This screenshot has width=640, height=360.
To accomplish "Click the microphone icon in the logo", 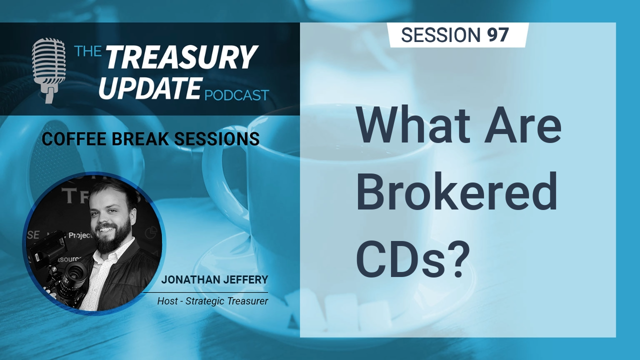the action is coord(48,70).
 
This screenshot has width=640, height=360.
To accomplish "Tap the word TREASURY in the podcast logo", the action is coord(180,57).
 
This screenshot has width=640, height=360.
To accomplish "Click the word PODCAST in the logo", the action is coord(237,95).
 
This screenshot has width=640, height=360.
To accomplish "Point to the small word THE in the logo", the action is coord(88,51).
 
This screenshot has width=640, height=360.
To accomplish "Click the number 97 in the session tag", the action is coord(498,35).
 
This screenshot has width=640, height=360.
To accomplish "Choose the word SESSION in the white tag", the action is coord(441,35).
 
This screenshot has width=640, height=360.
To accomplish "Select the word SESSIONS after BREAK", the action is coord(216,139).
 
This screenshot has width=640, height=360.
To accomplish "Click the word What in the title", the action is coord(413,126).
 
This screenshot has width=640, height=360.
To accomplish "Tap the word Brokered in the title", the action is coord(457,191).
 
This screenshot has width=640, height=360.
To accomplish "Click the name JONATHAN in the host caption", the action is coord(189,279).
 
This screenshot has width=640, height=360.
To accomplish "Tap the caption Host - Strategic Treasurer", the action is coord(212,301).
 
